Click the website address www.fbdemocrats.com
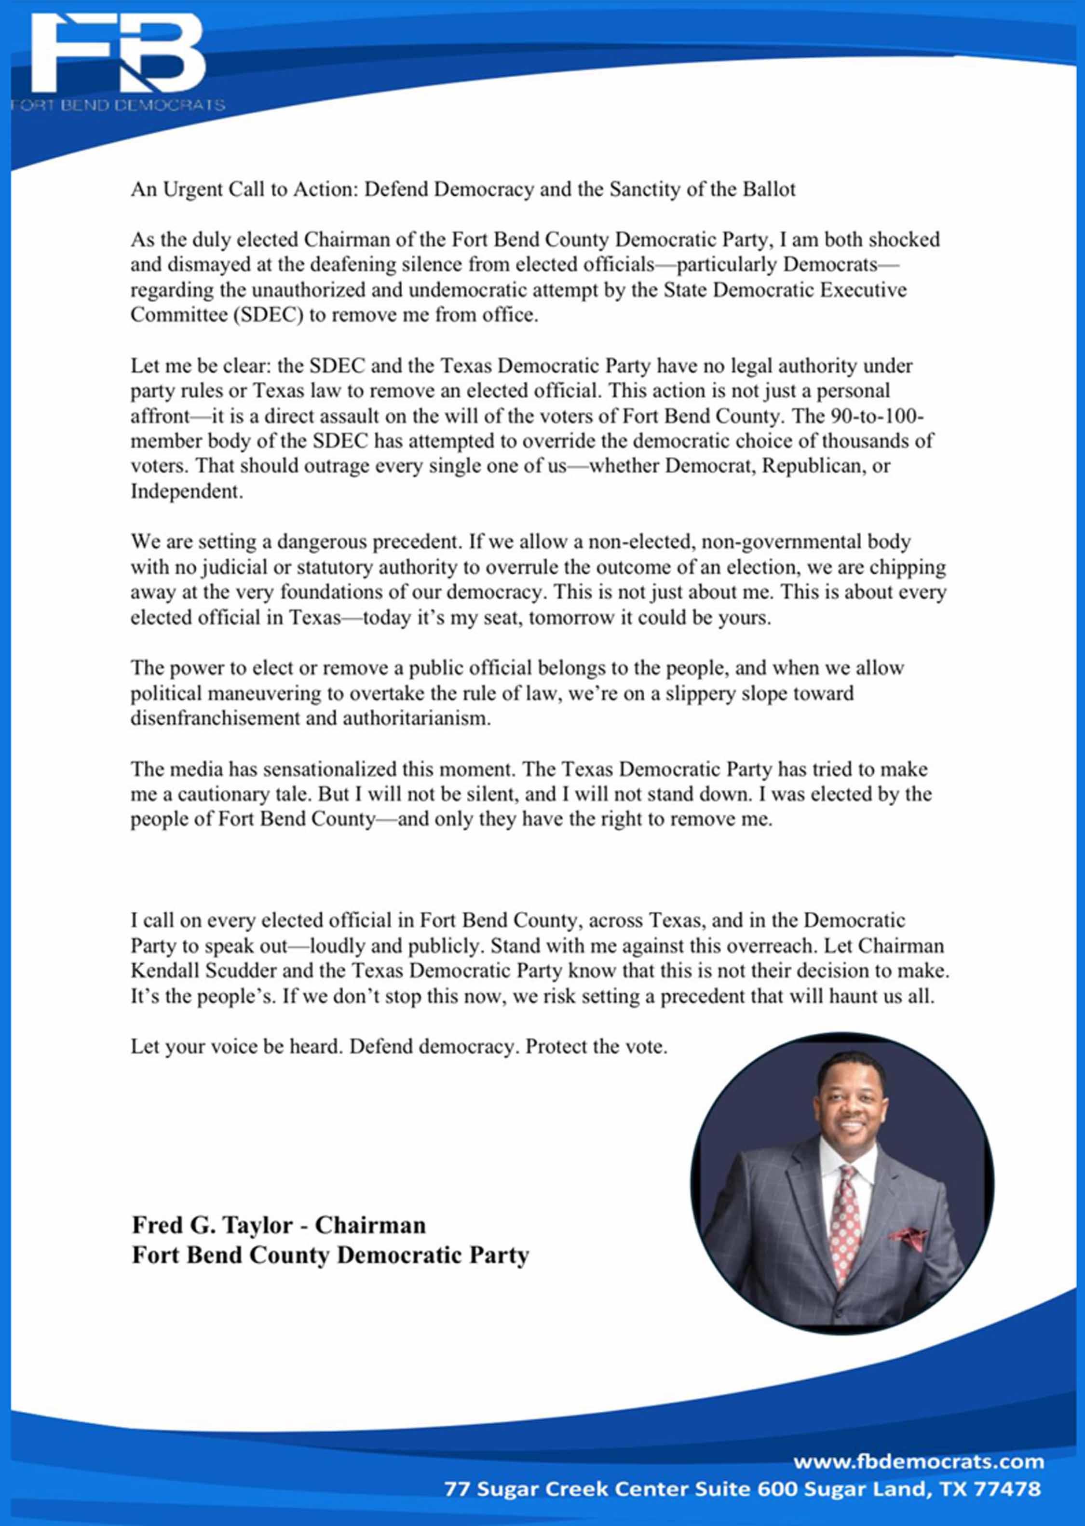918,1462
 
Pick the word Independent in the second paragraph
186,491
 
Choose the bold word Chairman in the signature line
370,1225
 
